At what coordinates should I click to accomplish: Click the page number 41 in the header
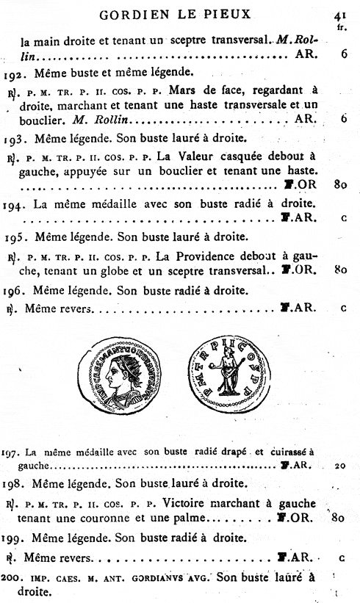pos(339,13)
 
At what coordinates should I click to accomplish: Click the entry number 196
pos(12,290)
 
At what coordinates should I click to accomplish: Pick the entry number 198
pos(12,483)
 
